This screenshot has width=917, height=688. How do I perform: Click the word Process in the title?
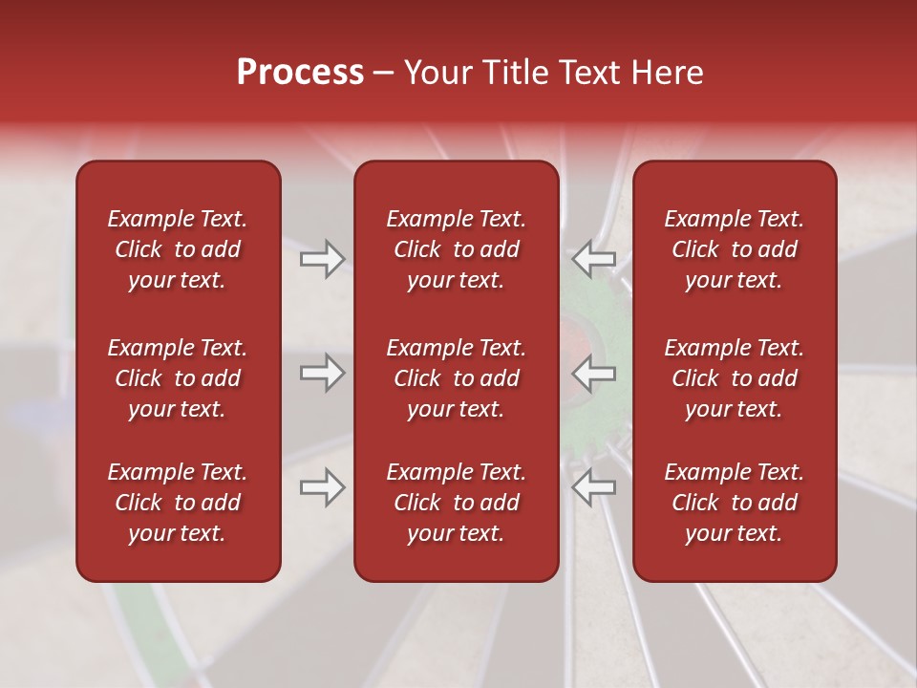tap(300, 73)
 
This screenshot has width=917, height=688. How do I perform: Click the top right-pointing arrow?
tap(322, 259)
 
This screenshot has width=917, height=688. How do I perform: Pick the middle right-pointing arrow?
tap(322, 373)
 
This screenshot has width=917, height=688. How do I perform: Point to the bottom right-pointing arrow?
tap(322, 487)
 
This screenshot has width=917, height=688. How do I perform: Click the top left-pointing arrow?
tap(593, 259)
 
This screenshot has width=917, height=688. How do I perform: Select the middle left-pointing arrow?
tap(593, 373)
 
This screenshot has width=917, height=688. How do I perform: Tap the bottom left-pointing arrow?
tap(593, 487)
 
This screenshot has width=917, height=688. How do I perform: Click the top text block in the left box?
tap(178, 249)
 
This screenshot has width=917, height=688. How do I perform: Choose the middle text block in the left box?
tap(178, 378)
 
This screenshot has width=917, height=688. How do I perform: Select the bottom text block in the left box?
tap(178, 503)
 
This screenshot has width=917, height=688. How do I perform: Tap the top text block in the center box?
tap(457, 249)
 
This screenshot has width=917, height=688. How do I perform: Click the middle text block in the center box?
tap(457, 378)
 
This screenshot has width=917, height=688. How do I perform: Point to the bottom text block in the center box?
tap(457, 503)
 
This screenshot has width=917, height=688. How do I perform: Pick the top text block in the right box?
tap(735, 249)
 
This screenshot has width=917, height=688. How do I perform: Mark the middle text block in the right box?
tap(735, 378)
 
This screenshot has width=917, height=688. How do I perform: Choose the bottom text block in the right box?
tap(735, 503)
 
